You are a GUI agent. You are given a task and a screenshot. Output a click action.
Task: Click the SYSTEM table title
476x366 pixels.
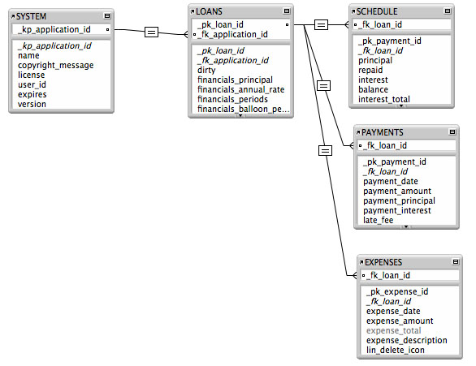click(33, 16)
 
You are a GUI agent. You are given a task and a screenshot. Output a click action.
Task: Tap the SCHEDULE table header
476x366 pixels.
click(379, 11)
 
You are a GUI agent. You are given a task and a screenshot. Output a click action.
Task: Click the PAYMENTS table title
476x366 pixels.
click(382, 131)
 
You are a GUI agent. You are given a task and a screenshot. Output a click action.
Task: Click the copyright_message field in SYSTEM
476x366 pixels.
click(55, 65)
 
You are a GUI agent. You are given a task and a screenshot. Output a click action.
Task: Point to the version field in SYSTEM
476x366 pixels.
click(32, 104)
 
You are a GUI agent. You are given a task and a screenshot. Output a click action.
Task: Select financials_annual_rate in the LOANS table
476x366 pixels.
click(240, 89)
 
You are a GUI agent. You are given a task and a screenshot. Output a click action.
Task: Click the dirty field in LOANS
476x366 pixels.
click(206, 70)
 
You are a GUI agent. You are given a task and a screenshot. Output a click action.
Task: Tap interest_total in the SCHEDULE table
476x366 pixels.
click(384, 99)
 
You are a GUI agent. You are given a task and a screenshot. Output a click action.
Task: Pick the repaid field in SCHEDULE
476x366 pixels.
click(371, 70)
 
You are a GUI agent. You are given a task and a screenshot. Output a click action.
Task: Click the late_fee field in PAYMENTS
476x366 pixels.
click(378, 220)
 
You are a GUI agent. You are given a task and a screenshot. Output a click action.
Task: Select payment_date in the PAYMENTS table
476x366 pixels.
click(392, 181)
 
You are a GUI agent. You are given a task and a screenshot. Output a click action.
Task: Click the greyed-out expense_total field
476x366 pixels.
click(394, 331)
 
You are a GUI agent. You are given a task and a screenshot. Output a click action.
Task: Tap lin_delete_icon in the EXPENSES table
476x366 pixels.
click(396, 350)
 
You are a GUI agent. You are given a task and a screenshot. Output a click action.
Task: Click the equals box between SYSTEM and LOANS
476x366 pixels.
click(151, 32)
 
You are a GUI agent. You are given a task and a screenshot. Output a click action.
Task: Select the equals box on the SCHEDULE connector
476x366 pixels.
click(321, 25)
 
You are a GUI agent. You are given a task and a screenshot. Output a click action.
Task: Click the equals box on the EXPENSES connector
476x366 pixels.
click(325, 149)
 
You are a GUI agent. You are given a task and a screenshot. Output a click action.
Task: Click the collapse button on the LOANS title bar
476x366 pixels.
click(288, 11)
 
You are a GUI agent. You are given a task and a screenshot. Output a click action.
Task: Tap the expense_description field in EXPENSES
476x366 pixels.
click(405, 340)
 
